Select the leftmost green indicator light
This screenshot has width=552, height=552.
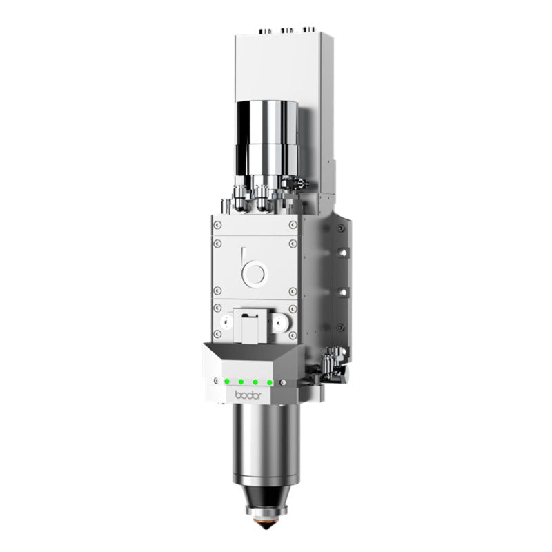point(226,381)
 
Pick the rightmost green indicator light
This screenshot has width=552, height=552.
point(270,382)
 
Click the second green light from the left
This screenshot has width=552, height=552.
point(240,382)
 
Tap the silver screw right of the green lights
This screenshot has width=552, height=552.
point(282,381)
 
